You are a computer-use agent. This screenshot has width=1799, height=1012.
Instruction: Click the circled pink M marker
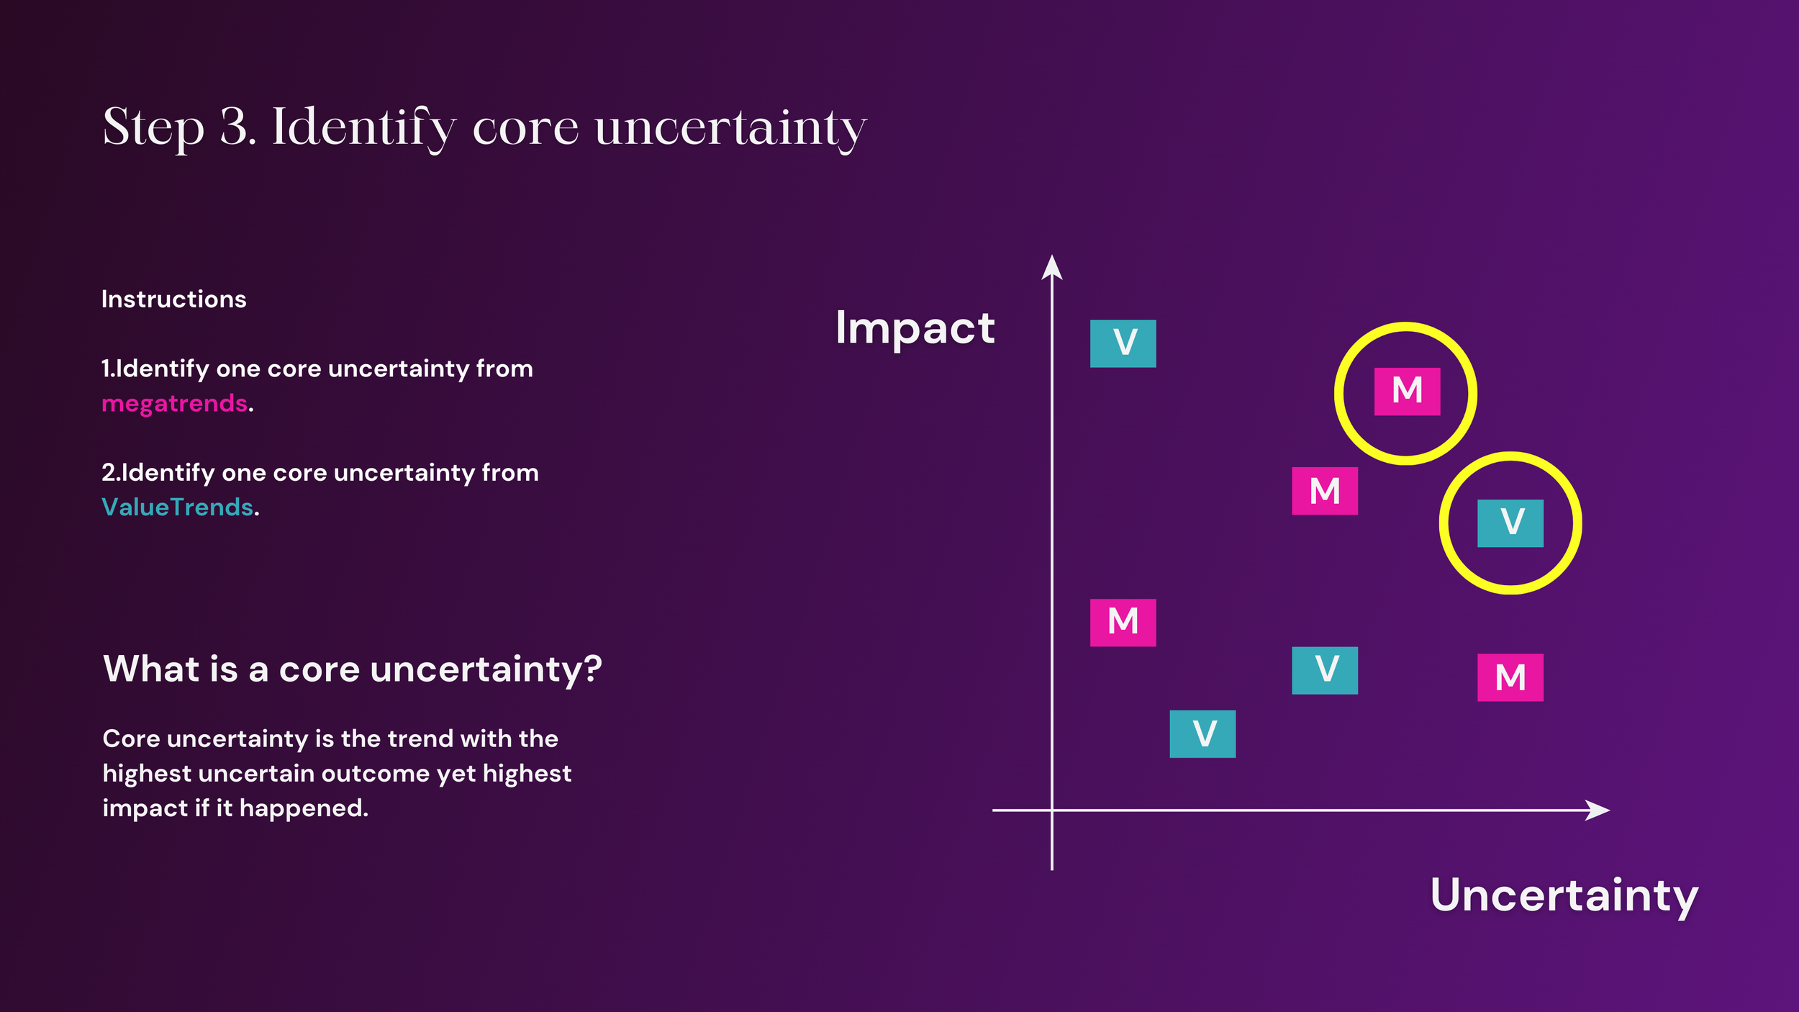[1407, 392]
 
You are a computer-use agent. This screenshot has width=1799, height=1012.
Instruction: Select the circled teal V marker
[1510, 523]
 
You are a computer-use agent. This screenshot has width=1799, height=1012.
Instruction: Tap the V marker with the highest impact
[1123, 343]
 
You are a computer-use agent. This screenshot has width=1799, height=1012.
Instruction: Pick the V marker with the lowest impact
[1202, 734]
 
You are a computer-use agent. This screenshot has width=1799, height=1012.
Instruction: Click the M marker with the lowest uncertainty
[1123, 623]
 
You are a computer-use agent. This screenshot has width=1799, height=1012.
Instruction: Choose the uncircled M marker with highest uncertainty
[1510, 677]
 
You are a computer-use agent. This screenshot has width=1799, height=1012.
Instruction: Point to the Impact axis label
[915, 328]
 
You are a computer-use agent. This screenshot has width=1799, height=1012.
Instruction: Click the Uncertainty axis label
[1564, 895]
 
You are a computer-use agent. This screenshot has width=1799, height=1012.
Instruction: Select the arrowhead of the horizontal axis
[1599, 810]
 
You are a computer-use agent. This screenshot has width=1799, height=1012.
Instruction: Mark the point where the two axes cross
[1052, 810]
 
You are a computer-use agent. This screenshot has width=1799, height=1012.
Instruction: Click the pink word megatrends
[175, 404]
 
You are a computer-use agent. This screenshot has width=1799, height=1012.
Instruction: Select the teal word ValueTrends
[178, 507]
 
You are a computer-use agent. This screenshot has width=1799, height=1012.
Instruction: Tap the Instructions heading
[174, 299]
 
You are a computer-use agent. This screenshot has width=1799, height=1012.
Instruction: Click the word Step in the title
[153, 128]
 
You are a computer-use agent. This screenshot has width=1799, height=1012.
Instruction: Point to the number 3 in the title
[235, 127]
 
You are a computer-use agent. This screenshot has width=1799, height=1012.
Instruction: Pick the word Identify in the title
[363, 128]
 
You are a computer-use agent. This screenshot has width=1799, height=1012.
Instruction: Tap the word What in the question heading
[151, 669]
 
